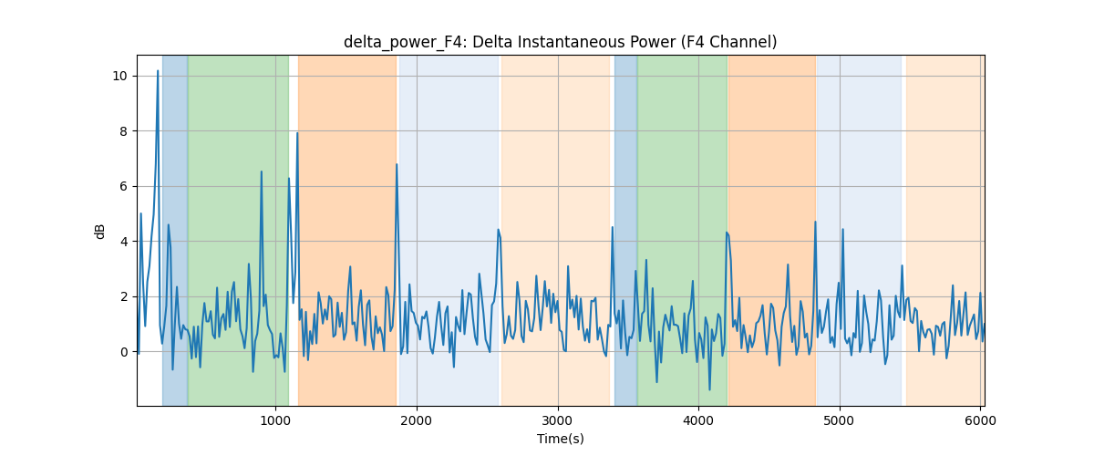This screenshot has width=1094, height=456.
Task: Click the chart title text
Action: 560,42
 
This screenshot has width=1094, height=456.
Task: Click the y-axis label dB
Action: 99,232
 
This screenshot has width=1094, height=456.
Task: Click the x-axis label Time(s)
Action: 560,439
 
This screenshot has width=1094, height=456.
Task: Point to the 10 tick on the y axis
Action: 119,77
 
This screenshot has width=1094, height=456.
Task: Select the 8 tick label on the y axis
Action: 124,131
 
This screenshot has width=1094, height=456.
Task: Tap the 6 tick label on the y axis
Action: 124,187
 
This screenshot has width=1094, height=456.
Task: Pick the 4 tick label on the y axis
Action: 124,242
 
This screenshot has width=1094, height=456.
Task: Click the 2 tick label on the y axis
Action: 124,297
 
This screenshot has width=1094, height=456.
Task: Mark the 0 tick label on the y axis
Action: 124,352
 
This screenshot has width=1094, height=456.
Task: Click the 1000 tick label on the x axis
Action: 275,420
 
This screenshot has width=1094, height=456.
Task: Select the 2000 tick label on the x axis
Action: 417,420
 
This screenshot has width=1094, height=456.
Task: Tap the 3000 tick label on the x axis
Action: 558,420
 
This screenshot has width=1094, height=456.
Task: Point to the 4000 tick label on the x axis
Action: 698,420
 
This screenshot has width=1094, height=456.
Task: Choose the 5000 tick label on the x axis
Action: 840,420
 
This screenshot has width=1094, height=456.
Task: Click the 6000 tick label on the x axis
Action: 980,420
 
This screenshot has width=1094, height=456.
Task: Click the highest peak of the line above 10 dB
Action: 158,71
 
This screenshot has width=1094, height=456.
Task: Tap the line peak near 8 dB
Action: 297,133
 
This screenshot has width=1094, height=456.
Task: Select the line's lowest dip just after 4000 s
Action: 709,389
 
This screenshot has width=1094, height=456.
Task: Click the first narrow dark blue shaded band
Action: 175,231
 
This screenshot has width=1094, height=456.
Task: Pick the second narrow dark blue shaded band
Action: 626,231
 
